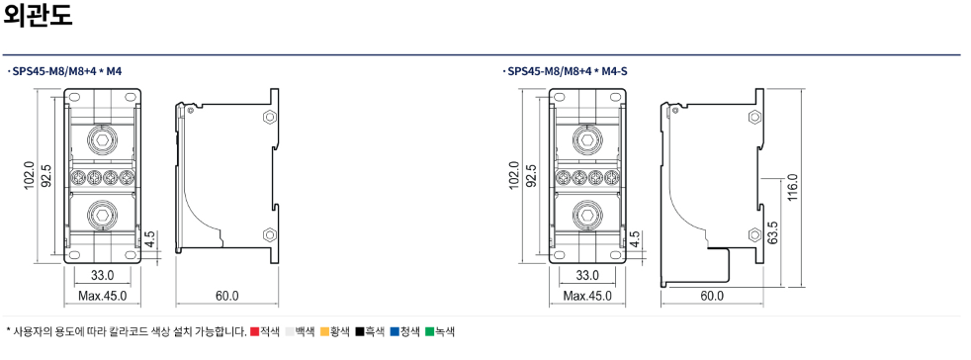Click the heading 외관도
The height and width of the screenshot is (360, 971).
click(38, 16)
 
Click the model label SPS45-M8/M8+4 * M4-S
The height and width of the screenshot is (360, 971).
click(568, 71)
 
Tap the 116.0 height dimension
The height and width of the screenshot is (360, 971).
click(793, 187)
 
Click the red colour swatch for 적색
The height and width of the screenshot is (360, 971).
click(254, 331)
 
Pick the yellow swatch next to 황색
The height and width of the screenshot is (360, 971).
click(324, 331)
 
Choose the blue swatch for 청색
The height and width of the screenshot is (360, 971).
click(395, 331)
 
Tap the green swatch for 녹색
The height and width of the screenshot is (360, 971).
click(430, 331)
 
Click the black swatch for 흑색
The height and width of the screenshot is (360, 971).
click(360, 331)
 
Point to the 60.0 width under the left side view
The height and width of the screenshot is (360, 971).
click(226, 296)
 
